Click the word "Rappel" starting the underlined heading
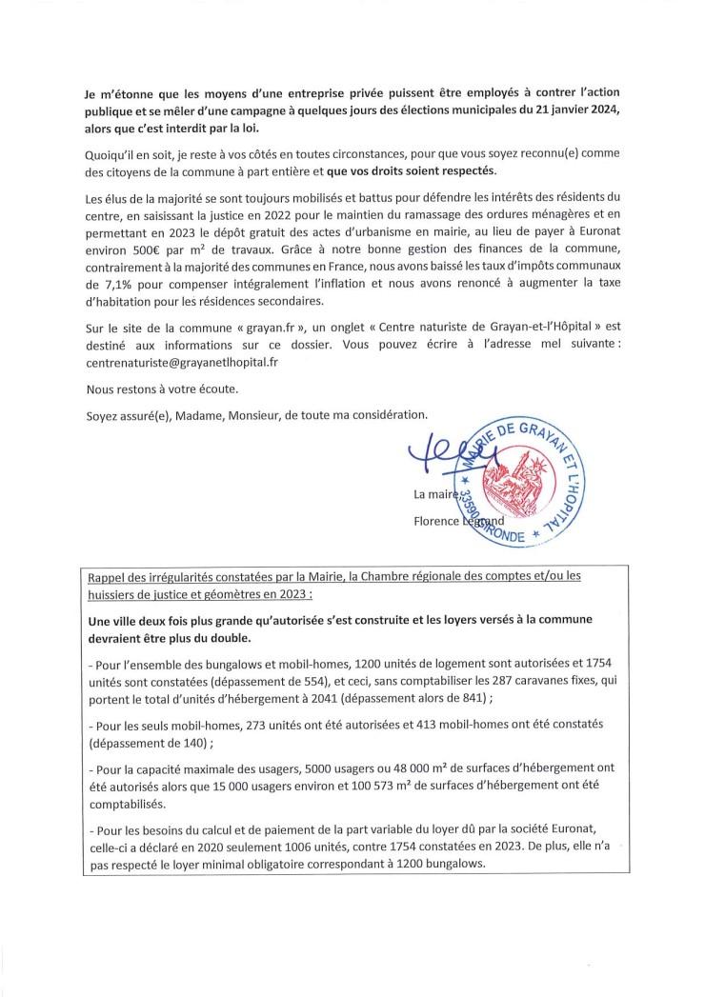(x=107, y=575)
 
